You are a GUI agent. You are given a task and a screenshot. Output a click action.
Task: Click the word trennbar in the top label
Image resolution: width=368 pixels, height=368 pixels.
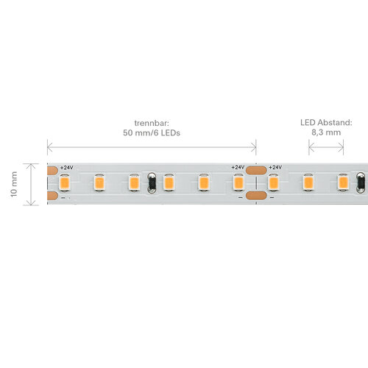pyautogui.click(x=152, y=123)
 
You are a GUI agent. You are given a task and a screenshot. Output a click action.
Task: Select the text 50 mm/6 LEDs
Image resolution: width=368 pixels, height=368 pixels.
pyautogui.click(x=152, y=133)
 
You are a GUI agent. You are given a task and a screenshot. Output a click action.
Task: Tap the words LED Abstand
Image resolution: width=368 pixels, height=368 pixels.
pyautogui.click(x=326, y=122)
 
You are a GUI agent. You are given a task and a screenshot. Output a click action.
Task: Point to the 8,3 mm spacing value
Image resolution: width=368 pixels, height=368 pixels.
pyautogui.click(x=326, y=132)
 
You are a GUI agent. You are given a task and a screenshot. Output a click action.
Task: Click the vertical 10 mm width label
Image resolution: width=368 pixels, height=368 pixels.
pyautogui.click(x=14, y=184)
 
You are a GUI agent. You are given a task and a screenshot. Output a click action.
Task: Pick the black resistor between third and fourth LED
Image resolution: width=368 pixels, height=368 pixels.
pyautogui.click(x=152, y=183)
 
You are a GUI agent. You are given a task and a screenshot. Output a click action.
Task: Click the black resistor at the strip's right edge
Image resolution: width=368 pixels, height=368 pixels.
pyautogui.click(x=361, y=183)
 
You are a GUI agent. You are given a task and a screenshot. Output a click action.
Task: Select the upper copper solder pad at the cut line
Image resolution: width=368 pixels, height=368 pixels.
pyautogui.click(x=256, y=170)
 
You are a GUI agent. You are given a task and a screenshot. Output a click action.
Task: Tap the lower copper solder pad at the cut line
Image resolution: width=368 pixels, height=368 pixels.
pyautogui.click(x=256, y=196)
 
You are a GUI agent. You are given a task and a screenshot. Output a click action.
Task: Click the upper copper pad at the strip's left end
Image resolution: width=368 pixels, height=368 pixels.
pyautogui.click(x=52, y=171)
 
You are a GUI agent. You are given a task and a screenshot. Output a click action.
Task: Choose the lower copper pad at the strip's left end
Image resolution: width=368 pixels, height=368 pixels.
pyautogui.click(x=52, y=196)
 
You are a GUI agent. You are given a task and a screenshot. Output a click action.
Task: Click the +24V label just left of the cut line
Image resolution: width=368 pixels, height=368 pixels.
pyautogui.click(x=238, y=167)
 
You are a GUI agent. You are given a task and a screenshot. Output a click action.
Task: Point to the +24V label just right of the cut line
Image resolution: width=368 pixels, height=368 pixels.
pyautogui.click(x=275, y=167)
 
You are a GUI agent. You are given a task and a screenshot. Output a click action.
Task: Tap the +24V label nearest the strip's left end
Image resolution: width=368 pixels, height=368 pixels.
pyautogui.click(x=67, y=168)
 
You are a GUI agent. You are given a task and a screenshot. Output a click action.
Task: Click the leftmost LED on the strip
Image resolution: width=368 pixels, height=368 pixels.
pyautogui.click(x=65, y=183)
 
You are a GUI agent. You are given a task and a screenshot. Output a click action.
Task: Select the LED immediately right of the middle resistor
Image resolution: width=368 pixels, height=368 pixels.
pyautogui.click(x=169, y=183)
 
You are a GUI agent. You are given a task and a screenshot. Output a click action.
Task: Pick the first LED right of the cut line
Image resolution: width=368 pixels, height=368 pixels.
pyautogui.click(x=274, y=183)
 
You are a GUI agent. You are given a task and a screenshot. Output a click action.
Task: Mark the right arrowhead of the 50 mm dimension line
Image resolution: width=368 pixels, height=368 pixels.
pyautogui.click(x=253, y=147)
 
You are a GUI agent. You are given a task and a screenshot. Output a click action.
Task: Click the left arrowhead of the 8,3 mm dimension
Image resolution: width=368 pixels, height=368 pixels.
pyautogui.click(x=311, y=147)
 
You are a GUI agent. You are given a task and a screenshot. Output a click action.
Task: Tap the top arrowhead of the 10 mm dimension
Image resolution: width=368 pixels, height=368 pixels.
pyautogui.click(x=31, y=166)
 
